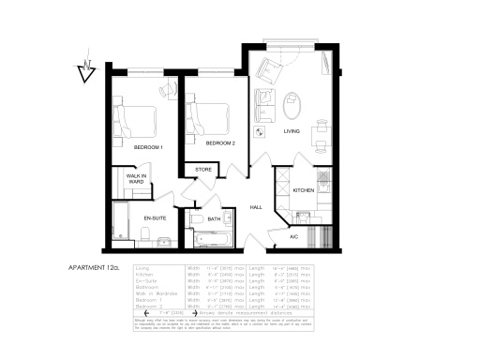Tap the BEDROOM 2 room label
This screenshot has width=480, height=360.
click(219, 143)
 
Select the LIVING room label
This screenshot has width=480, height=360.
click(292, 132)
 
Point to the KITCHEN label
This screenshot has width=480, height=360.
click(304, 190)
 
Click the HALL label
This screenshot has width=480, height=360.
click(255, 207)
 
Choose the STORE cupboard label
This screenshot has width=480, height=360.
click(202, 170)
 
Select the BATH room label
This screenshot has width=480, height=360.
click(214, 218)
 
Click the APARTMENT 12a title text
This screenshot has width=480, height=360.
click(95, 266)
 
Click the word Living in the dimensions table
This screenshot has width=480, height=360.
click(144, 269)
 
